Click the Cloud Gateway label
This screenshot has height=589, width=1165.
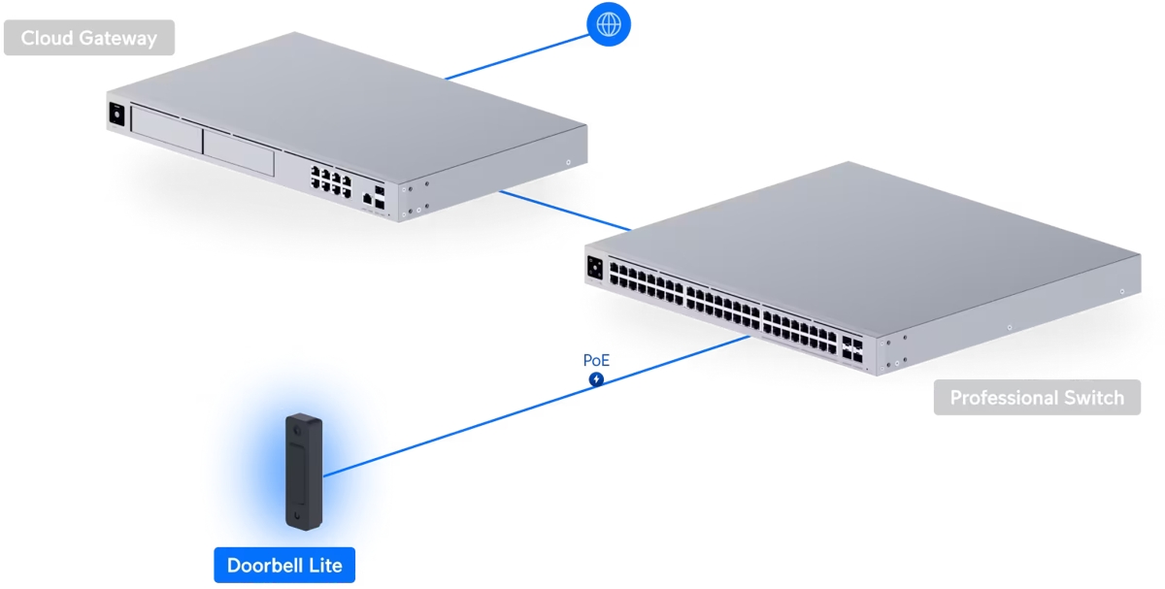[x=88, y=39]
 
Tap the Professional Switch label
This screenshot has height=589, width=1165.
[x=1037, y=398]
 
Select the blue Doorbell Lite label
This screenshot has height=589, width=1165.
[x=284, y=565]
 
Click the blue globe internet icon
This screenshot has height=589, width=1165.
[x=609, y=24]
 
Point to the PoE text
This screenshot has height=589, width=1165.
[x=596, y=360]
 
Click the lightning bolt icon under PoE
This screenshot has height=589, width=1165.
[x=596, y=379]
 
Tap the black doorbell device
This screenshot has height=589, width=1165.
[x=303, y=472]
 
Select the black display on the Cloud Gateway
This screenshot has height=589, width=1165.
[x=117, y=113]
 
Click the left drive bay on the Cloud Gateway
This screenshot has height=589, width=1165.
[x=165, y=135]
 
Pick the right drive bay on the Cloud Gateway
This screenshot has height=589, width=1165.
[x=238, y=153]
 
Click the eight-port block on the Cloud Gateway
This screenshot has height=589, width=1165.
[x=331, y=180]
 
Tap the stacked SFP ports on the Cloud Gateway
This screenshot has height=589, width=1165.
[x=379, y=195]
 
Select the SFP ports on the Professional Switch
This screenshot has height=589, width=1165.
[x=853, y=350]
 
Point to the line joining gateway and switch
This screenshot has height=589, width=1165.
[x=563, y=210]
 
